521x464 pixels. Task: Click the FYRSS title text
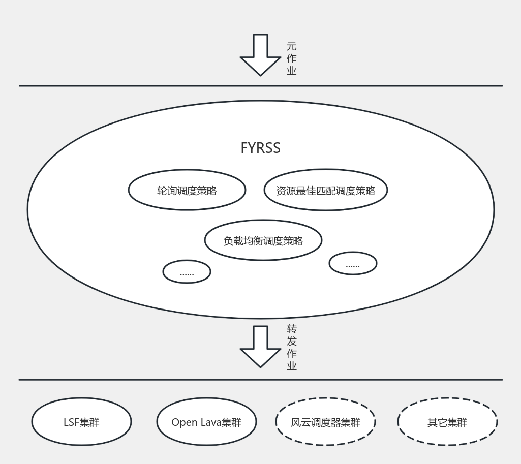click(x=260, y=148)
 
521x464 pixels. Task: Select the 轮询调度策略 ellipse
click(x=187, y=191)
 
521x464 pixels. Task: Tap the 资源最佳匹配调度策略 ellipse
click(x=325, y=191)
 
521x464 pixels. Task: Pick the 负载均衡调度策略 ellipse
click(x=263, y=240)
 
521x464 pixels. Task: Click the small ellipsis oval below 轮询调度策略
click(x=187, y=272)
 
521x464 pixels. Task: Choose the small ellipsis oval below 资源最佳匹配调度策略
click(x=353, y=264)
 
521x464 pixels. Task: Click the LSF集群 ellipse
click(x=81, y=422)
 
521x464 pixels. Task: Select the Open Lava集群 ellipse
click(x=206, y=422)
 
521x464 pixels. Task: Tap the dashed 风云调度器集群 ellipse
click(x=325, y=422)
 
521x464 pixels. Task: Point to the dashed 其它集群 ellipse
click(x=447, y=422)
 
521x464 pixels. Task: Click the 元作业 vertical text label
click(x=291, y=58)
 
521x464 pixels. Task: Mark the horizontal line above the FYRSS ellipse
click(x=260, y=86)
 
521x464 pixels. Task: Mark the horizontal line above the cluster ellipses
click(x=260, y=380)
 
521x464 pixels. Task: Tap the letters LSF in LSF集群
click(x=71, y=422)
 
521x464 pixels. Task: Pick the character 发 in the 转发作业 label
click(x=291, y=341)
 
